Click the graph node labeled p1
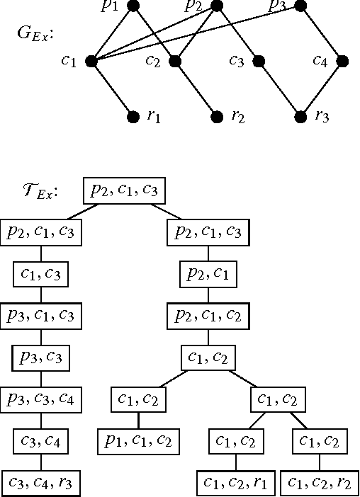[133, 6]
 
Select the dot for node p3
[300, 6]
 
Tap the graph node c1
[91, 62]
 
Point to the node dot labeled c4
[342, 62]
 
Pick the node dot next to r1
[133, 117]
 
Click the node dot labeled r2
[216, 117]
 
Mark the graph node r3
[300, 117]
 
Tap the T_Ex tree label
[40, 192]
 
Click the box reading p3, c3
[41, 358]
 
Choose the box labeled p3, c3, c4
[41, 400]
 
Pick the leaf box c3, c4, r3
[41, 484]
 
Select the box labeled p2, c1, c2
[208, 316]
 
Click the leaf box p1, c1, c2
[138, 442]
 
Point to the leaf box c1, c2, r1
[235, 484]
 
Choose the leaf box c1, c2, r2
[320, 484]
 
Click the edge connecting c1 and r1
[112, 89]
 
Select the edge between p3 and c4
[322, 34]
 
